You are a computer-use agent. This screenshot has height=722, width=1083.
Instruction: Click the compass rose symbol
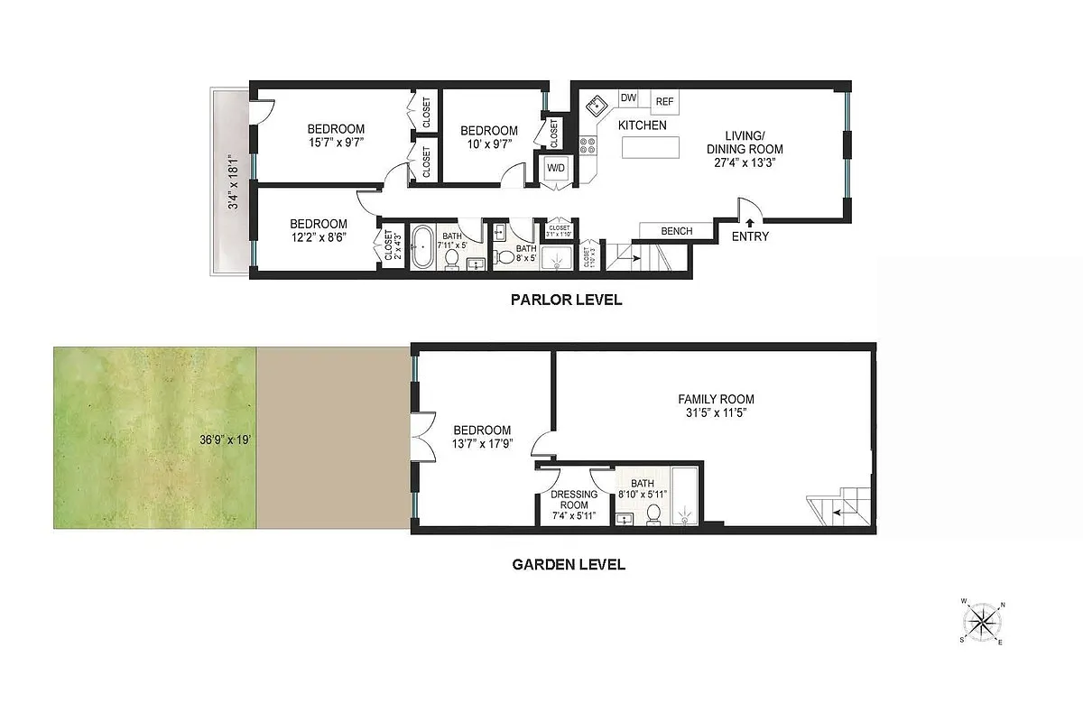pyautogui.click(x=982, y=621)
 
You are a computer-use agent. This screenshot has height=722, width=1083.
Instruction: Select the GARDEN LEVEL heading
pyautogui.click(x=569, y=565)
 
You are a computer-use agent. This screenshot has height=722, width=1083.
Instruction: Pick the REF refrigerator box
pyautogui.click(x=665, y=101)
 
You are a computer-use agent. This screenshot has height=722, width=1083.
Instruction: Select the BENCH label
pyautogui.click(x=676, y=231)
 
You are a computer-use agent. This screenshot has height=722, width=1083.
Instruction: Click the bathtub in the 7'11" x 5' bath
pyautogui.click(x=421, y=250)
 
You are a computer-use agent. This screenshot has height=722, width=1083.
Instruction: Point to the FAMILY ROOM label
pyautogui.click(x=716, y=399)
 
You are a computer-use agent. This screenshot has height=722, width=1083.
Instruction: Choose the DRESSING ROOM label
pyautogui.click(x=574, y=499)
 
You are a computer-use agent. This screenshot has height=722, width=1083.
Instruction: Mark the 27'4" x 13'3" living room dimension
pyautogui.click(x=744, y=163)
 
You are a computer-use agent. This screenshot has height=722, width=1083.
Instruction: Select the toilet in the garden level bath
pyautogui.click(x=653, y=514)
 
